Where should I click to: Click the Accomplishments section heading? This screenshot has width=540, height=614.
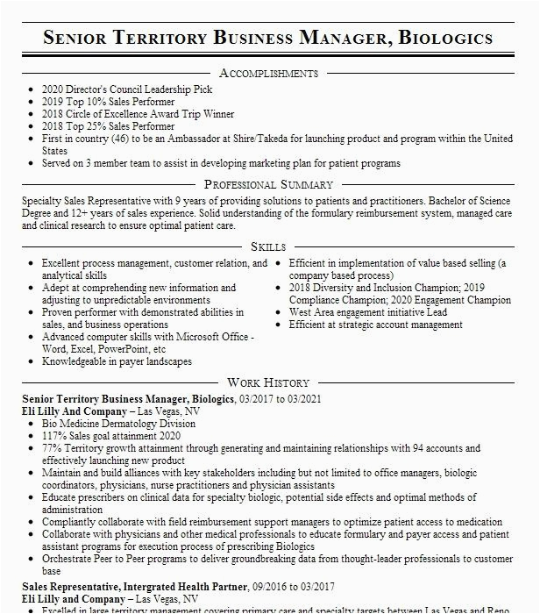pos(268,73)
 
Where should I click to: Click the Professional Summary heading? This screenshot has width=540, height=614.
pos(268,184)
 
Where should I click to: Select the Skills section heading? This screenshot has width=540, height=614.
pos(268,247)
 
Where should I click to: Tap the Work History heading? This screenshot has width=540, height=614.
pos(268,382)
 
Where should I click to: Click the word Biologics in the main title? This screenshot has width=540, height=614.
pos(446,38)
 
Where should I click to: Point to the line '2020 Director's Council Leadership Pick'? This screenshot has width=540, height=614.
pos(127,89)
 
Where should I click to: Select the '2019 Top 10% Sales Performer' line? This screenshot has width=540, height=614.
pos(108,102)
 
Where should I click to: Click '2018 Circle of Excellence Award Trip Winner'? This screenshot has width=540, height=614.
pos(138,114)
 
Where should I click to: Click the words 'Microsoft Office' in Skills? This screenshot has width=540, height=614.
pos(208,337)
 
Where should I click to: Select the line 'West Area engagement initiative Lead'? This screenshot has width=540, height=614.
pos(368,312)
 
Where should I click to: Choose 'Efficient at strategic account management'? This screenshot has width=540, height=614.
pos(376,325)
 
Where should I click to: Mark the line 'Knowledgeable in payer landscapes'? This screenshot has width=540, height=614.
pos(117,361)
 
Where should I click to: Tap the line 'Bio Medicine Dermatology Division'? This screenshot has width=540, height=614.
pos(118,424)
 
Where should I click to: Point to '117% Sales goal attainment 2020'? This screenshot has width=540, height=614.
pos(111,436)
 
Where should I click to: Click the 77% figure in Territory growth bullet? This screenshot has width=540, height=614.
pos(52,448)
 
